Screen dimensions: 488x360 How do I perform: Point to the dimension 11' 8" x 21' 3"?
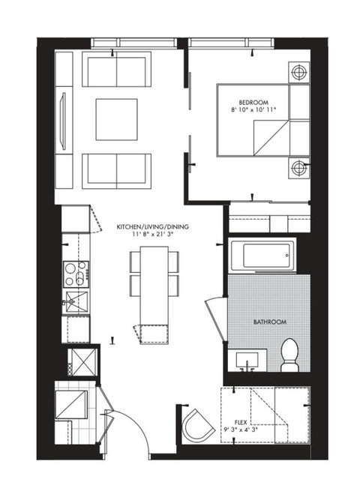[148, 235]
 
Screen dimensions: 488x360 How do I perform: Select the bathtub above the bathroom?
[259, 257]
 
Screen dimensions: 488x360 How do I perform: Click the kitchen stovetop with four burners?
[75, 273]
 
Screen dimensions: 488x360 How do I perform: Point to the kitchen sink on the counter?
[75, 301]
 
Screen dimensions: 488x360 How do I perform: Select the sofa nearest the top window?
[117, 70]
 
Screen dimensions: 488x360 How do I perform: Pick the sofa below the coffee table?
[117, 171]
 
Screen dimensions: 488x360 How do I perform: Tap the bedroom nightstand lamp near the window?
[298, 73]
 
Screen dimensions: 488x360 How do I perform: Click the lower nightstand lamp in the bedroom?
[298, 166]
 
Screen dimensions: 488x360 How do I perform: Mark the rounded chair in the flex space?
[196, 425]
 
